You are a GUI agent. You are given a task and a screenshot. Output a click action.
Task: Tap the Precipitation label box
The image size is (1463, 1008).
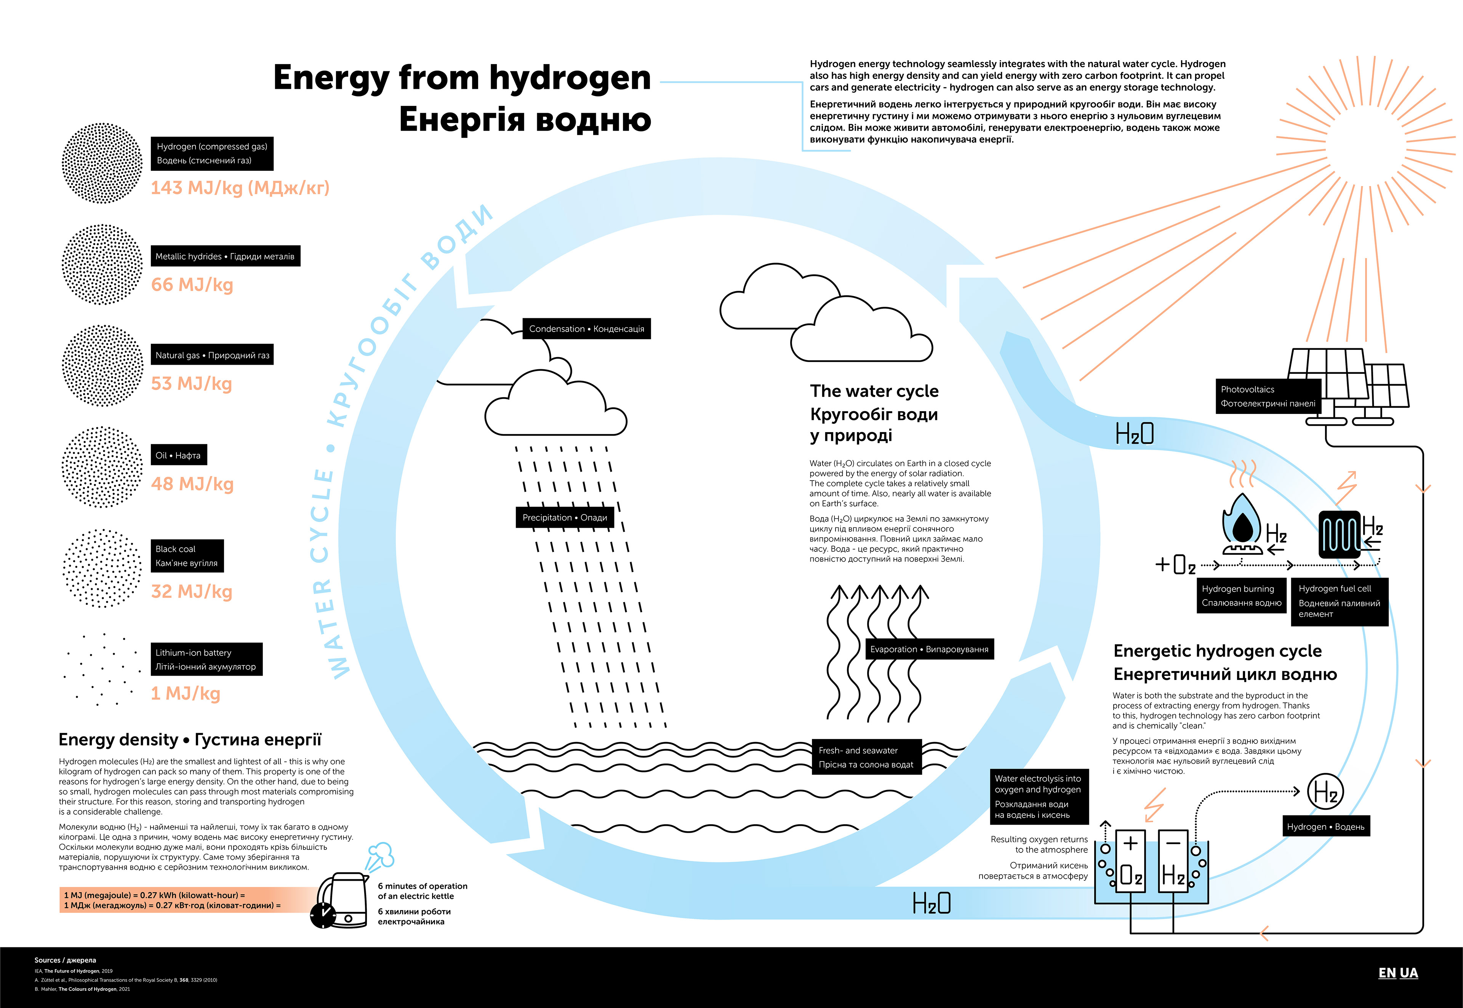pos(565,518)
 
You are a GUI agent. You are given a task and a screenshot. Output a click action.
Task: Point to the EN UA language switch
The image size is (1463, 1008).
pos(1397,973)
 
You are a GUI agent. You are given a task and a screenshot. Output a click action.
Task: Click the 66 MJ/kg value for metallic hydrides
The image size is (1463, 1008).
pos(192,285)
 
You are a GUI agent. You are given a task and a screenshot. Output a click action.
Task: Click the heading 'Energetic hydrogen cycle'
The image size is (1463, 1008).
pos(1217,651)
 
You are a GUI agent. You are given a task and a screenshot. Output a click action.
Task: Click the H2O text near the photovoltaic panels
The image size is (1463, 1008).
pos(1134,434)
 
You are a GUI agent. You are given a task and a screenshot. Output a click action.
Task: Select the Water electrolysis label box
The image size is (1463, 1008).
pos(1038,796)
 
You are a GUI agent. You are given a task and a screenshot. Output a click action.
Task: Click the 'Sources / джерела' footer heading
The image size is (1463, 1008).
pos(65,960)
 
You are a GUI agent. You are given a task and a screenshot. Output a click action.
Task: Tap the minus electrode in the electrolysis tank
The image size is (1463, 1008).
pos(1173,860)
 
